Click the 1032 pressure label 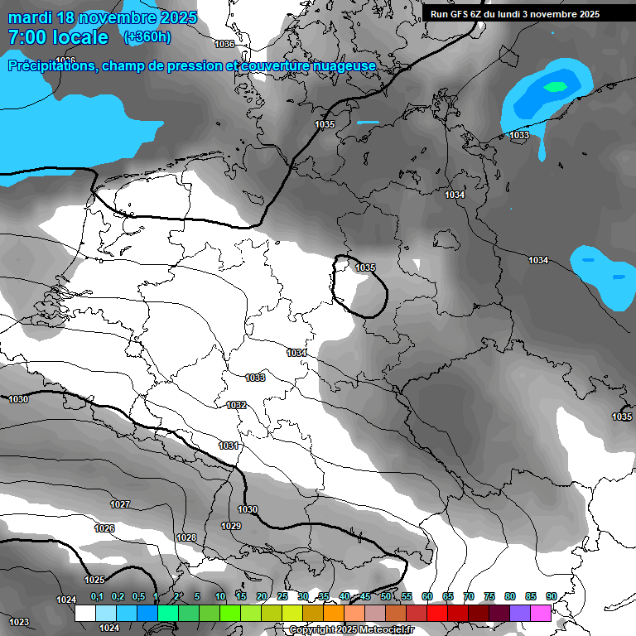click(x=236, y=405)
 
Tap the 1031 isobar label click(x=229, y=446)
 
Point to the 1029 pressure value click(x=231, y=526)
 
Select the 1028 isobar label click(x=186, y=537)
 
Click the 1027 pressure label click(x=120, y=504)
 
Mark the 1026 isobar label click(x=104, y=528)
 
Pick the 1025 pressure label click(x=94, y=580)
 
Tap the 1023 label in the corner click(x=19, y=621)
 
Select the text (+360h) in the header click(x=147, y=37)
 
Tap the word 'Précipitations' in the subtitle click(x=50, y=66)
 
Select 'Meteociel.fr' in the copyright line click(x=383, y=629)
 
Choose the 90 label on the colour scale click(x=551, y=596)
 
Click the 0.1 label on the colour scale click(x=97, y=596)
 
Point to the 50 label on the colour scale click(x=386, y=596)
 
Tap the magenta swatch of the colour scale click(x=541, y=613)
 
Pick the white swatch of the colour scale click(x=85, y=613)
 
